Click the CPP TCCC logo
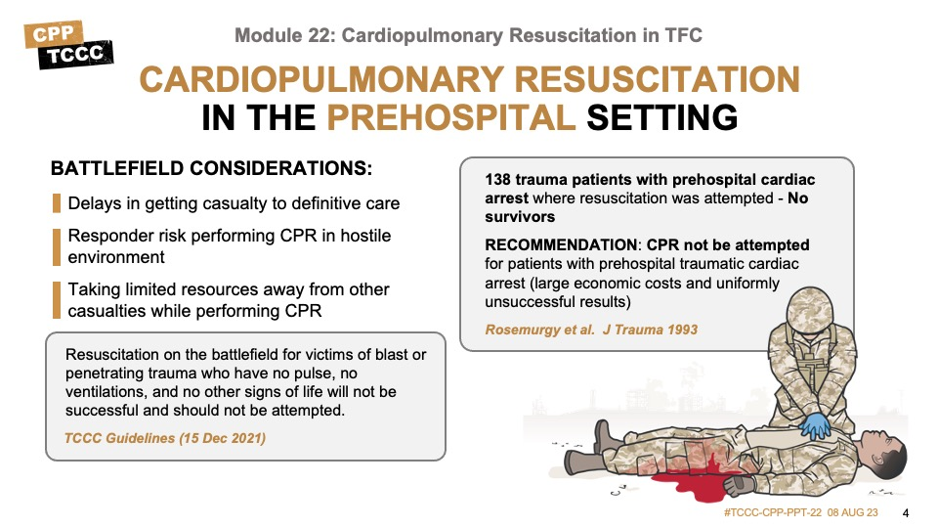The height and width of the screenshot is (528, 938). point(68,45)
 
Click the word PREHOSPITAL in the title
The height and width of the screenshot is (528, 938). point(451,117)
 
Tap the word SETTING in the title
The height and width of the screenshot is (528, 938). point(662,117)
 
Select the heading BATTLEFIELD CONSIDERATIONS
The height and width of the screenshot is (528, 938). point(211,168)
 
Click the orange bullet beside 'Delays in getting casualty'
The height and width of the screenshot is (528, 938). point(57,203)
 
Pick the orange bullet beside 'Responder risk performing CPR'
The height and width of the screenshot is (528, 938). point(57,246)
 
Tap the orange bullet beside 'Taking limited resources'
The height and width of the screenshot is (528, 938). point(57,300)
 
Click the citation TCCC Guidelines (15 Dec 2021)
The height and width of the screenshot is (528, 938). point(165,438)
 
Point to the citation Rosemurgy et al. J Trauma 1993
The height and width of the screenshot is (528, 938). point(591,330)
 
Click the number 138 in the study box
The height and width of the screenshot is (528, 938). point(497,180)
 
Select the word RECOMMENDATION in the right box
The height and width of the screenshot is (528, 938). point(561,244)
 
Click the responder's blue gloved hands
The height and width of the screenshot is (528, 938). point(815,425)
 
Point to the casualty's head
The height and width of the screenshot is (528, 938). point(882,455)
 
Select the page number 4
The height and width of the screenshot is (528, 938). point(906,513)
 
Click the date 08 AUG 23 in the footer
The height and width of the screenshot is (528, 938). point(852,513)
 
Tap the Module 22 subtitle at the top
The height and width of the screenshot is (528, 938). point(468,36)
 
